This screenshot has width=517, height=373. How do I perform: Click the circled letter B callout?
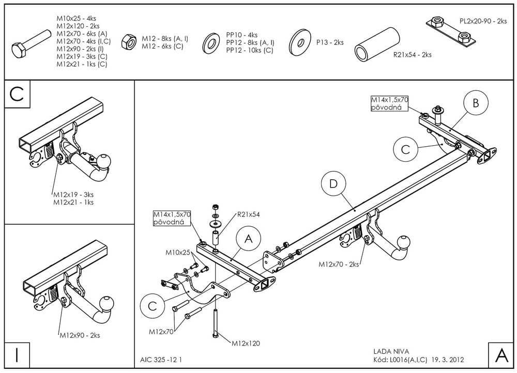tap(476, 103)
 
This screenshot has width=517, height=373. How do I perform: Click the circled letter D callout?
tap(333, 183)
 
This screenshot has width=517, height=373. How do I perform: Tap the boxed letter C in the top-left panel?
tap(17, 94)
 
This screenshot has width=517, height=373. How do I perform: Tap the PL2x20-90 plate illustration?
tap(450, 31)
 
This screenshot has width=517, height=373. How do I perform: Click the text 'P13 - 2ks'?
tap(329, 42)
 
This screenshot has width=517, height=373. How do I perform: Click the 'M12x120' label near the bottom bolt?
tap(246, 343)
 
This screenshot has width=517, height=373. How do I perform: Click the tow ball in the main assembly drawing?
tap(403, 241)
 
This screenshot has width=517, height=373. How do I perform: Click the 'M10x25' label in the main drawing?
tap(178, 253)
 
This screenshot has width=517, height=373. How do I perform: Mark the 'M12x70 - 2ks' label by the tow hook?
tap(339, 264)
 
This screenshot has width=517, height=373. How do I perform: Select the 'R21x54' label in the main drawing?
tap(249, 214)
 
